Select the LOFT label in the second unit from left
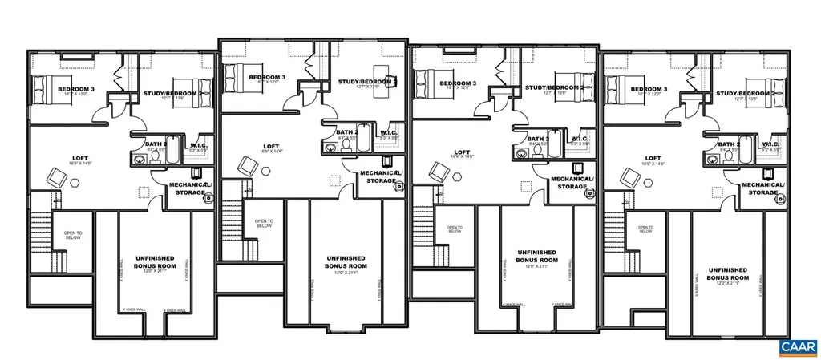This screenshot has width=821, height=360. point(269,145)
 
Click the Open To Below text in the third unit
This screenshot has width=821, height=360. point(454,227)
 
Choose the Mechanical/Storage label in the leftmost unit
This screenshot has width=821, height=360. point(189,188)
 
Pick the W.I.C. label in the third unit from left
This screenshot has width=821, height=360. point(580,139)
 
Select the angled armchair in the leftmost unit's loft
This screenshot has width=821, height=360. point(57,176)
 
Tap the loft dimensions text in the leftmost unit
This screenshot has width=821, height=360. point(80,163)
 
